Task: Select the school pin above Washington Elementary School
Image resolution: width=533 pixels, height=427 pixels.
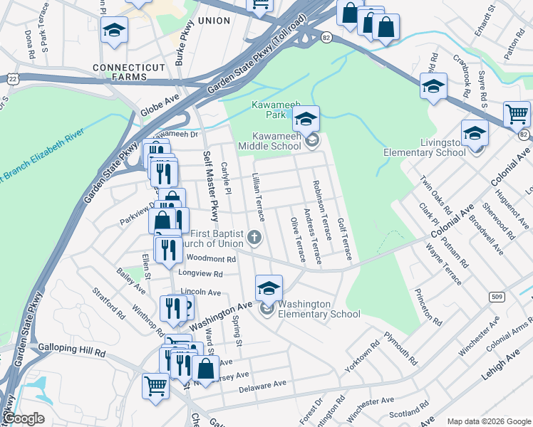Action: [269, 288]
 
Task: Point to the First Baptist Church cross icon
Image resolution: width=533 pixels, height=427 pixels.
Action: [254, 237]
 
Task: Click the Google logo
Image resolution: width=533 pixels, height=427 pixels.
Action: [24, 418]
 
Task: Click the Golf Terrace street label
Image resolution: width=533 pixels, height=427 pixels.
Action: [344, 239]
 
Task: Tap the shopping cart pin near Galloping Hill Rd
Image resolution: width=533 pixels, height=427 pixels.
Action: [155, 386]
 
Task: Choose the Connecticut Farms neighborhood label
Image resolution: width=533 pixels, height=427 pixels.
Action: [128, 68]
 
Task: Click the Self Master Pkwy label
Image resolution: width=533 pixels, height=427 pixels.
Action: [210, 186]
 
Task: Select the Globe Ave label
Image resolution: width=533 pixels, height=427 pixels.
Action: [157, 109]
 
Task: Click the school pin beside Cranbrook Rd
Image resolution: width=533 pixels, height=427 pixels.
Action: [433, 86]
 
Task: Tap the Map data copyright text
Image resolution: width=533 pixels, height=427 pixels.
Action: [489, 421]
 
